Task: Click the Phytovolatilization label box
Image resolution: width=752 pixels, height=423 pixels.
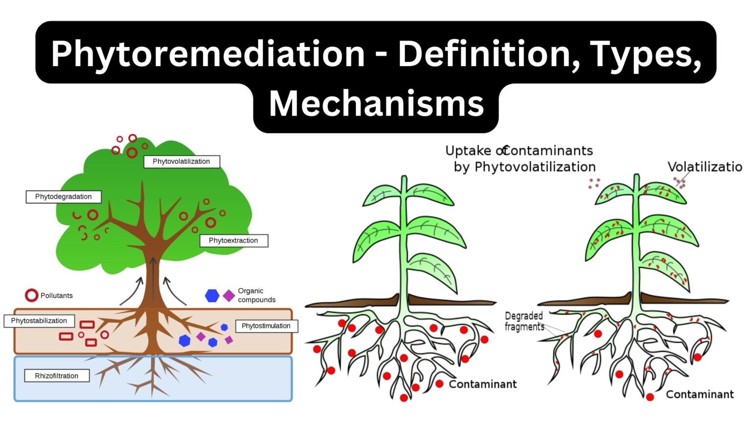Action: click(181, 162)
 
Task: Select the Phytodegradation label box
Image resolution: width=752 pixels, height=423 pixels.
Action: click(63, 197)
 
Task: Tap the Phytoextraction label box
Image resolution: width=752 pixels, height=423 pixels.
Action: click(234, 240)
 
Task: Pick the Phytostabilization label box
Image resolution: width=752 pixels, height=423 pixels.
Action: click(39, 321)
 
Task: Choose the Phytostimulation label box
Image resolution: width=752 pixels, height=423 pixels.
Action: click(266, 326)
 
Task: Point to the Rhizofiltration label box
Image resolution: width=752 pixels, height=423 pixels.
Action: click(57, 376)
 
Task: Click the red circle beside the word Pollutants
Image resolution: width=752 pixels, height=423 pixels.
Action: click(31, 295)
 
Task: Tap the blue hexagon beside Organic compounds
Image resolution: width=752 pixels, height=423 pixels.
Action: click(212, 296)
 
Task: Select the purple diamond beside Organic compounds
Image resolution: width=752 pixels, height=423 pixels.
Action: click(229, 296)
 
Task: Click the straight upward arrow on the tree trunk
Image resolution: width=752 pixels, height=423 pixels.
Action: click(153, 279)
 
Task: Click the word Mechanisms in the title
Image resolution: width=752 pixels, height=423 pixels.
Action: click(376, 104)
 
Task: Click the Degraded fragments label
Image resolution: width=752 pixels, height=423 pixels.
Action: click(524, 321)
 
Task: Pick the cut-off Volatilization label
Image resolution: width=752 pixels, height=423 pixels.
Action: click(705, 167)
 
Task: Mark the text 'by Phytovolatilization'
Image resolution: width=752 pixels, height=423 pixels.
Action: click(524, 167)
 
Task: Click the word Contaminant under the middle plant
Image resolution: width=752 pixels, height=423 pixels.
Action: click(483, 384)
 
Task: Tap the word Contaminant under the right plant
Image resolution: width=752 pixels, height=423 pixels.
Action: click(700, 395)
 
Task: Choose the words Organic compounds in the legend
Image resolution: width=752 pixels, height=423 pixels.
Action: click(257, 295)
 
